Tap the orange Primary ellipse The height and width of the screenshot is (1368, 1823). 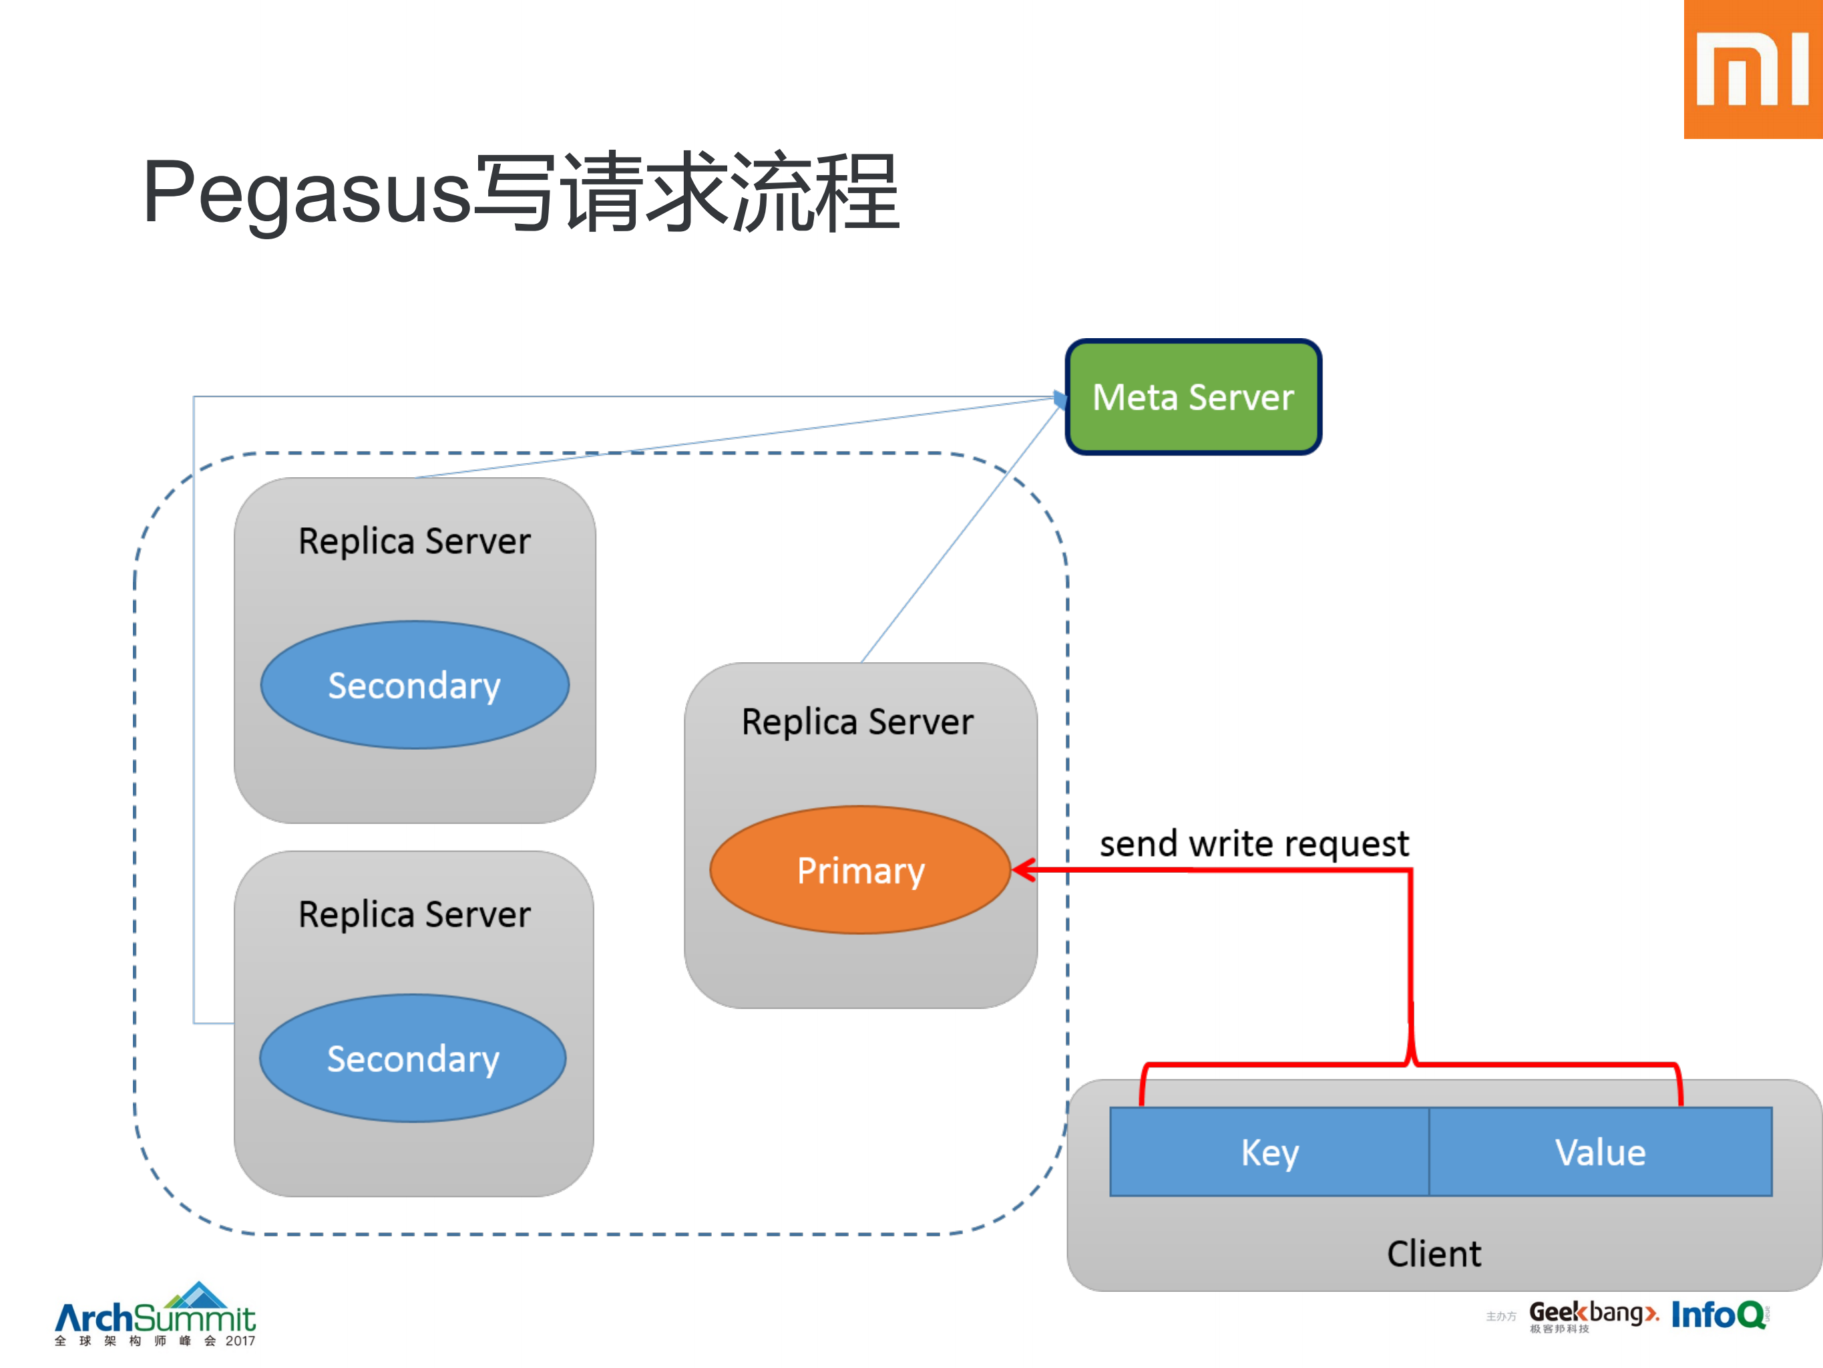coord(859,870)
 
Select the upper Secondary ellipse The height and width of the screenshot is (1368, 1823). coord(414,685)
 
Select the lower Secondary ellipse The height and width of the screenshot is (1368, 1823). coord(412,1058)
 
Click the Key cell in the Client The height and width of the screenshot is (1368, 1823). coord(1269,1152)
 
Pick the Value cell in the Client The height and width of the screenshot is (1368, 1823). coord(1600,1152)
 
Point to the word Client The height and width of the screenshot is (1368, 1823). coord(1433,1253)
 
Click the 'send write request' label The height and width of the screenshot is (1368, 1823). coord(1253,843)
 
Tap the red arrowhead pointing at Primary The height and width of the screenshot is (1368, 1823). coord(1024,869)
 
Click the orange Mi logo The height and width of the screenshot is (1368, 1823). coord(1753,70)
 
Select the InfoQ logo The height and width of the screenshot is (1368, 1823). coord(1718,1315)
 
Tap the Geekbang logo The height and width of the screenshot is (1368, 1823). coord(1592,1314)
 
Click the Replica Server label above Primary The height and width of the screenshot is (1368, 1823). coord(857,722)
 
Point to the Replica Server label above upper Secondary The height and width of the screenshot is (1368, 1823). coord(414,541)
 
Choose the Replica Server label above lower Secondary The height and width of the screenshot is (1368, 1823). coord(414,914)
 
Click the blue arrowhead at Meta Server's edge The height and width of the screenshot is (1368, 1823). coord(1060,400)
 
